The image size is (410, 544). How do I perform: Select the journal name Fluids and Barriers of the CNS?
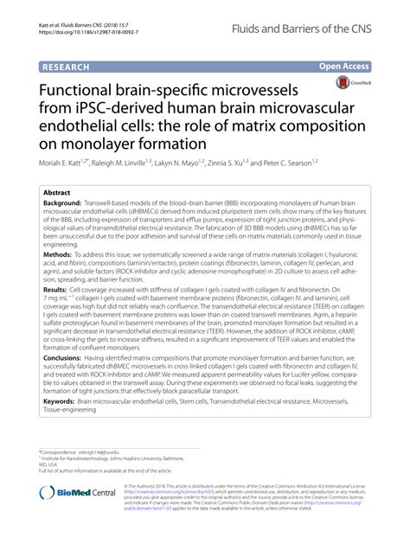319,29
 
